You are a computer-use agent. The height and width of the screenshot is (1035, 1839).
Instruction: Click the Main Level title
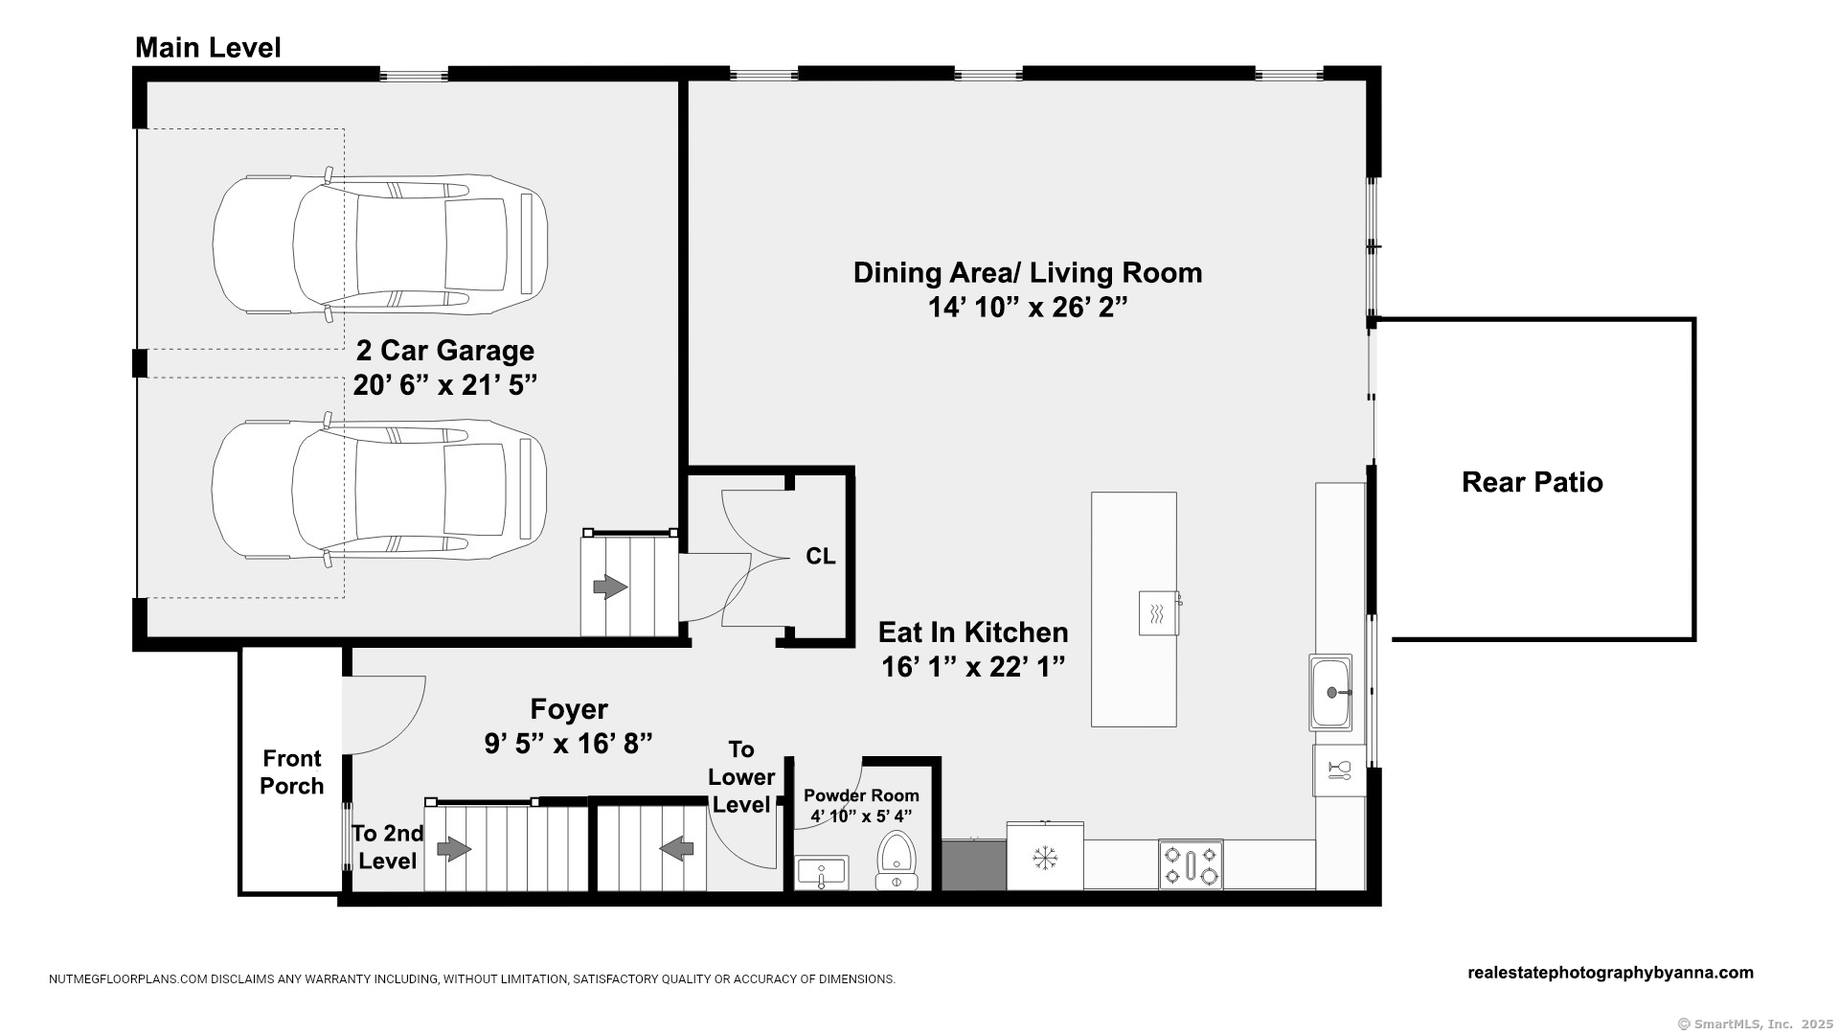coord(208,48)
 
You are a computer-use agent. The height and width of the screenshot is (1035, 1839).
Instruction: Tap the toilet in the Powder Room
coord(897,860)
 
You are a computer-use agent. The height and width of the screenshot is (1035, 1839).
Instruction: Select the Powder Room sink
coord(822,872)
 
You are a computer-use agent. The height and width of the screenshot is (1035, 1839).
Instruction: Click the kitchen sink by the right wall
coord(1330,692)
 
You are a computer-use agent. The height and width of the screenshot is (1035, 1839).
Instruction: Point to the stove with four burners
coord(1191,864)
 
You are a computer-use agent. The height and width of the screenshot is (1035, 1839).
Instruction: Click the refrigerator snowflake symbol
coord(1044,858)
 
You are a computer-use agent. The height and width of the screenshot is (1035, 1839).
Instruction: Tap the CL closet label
coord(820,557)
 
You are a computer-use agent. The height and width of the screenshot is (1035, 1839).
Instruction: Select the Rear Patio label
coord(1532,482)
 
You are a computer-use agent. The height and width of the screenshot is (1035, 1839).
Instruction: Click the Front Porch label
coord(292,772)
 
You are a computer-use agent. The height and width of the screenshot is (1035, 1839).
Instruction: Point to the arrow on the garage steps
coord(610,586)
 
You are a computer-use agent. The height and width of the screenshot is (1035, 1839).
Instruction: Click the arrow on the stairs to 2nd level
coord(454,849)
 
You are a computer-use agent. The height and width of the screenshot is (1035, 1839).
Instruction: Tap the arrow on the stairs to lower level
coord(677,848)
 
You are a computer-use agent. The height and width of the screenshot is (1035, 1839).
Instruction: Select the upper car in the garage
coord(380,244)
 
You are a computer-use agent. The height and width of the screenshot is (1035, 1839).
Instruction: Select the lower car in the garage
coord(379,489)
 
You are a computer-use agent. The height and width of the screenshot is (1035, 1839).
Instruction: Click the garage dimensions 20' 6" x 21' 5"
coord(444,385)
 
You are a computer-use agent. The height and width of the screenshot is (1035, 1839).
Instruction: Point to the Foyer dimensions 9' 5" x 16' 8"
coord(569,744)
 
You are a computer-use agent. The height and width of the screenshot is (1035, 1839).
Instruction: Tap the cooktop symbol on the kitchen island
coord(1158,613)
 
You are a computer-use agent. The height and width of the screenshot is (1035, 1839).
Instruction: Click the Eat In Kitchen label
coord(973,632)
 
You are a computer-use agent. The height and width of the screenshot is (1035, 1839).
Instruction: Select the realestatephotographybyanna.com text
coord(1610,973)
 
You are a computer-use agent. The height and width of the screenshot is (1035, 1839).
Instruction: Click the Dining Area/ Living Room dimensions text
coord(1028,308)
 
